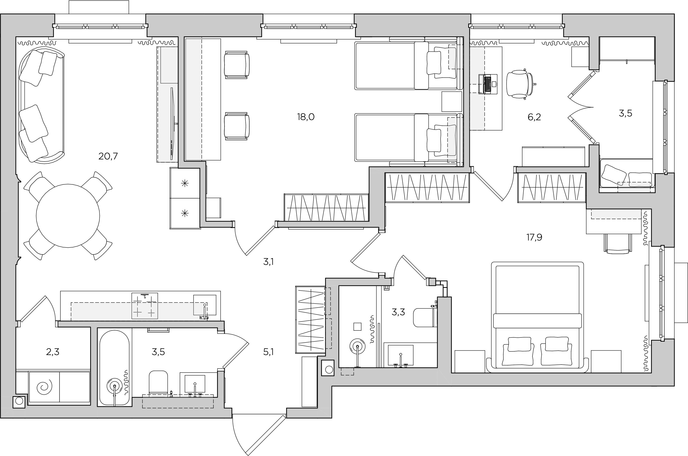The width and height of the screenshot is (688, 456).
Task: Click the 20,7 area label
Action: pos(108,156)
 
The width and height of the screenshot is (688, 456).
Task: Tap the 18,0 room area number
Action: pos(306,117)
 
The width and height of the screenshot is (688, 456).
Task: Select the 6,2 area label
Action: pos(534,117)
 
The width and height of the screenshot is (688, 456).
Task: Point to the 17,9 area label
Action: pos(534,238)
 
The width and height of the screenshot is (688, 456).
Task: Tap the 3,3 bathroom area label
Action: pos(398,312)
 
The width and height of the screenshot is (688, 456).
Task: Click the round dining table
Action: pos(68,216)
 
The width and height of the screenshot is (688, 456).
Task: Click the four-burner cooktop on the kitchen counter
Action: pos(145,306)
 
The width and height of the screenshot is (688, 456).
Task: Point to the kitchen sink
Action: pos(205,305)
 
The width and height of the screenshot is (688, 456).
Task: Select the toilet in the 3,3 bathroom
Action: pos(425,318)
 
